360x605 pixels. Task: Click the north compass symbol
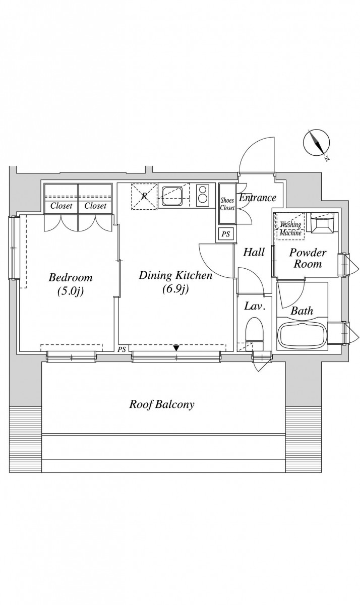tap(317, 143)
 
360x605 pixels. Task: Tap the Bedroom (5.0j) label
tap(71, 284)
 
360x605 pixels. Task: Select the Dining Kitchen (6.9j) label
tap(175, 282)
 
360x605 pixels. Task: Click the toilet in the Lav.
tap(255, 334)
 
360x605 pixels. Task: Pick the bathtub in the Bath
tap(303, 336)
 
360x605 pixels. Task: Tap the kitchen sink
tap(172, 195)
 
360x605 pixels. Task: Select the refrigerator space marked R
tap(144, 196)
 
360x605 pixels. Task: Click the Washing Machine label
tap(290, 228)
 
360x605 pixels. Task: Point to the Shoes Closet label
tap(227, 204)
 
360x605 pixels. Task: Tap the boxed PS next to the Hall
tap(225, 234)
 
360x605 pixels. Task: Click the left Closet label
tap(62, 206)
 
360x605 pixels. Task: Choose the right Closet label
tap(95, 206)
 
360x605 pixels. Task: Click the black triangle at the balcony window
tap(176, 348)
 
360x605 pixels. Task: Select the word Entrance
tap(258, 198)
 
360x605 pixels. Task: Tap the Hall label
tap(254, 252)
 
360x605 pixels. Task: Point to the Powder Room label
tap(308, 258)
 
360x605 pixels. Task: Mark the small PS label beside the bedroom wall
tap(122, 349)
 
